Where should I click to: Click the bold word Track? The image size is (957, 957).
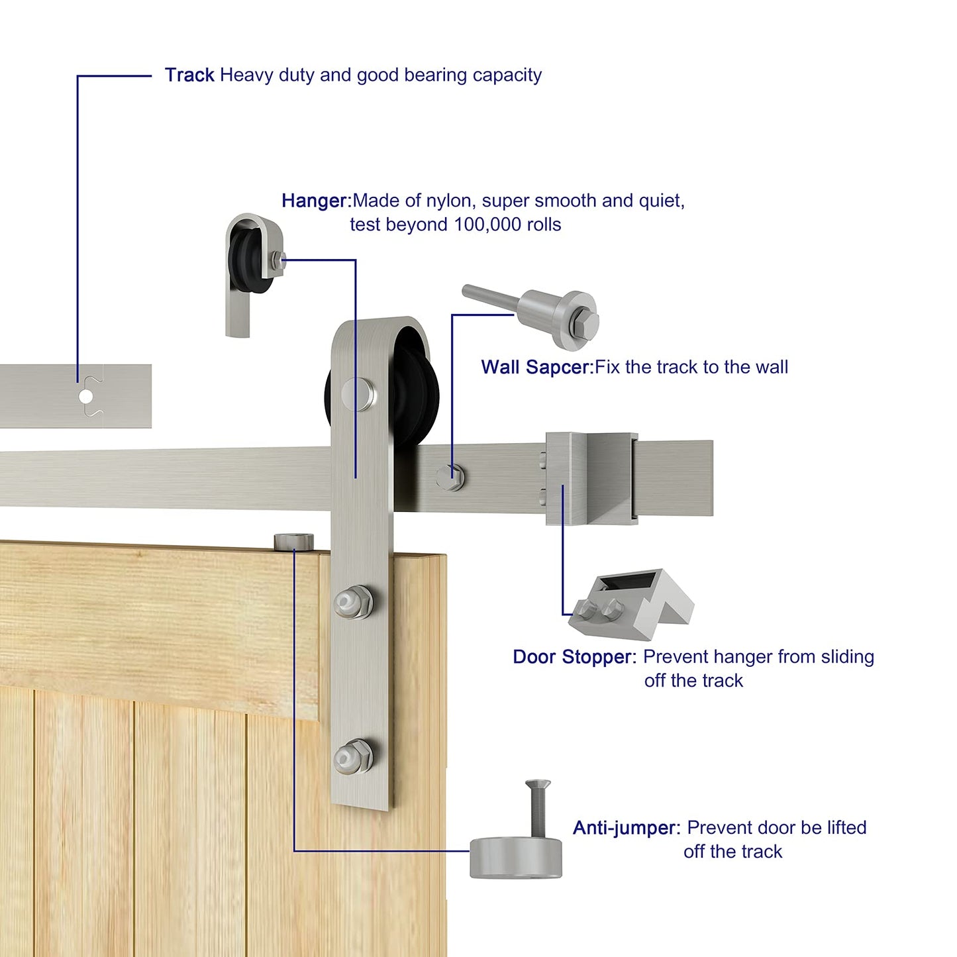(189, 76)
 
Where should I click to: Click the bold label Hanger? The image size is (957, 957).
(315, 201)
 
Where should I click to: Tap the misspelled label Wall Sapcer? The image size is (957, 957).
(536, 368)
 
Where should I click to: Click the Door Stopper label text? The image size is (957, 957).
(574, 657)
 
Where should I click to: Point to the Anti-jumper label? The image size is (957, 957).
(625, 828)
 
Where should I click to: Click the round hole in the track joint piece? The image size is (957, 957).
(86, 397)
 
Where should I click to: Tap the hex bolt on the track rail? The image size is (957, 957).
(451, 476)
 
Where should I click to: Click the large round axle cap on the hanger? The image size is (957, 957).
(358, 392)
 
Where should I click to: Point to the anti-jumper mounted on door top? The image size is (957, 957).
(294, 542)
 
